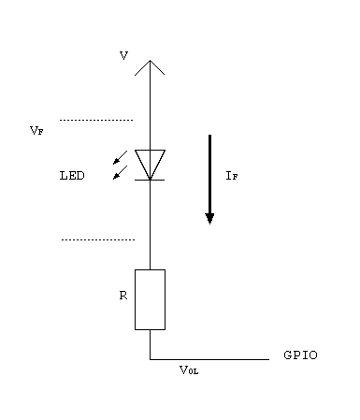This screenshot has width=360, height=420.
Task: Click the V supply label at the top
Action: [x=123, y=56]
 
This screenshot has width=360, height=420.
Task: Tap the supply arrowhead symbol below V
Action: [x=150, y=66]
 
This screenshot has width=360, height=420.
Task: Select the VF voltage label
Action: [x=36, y=132]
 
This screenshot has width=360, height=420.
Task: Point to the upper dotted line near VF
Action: [x=96, y=120]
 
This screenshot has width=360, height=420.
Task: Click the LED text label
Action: [x=71, y=175]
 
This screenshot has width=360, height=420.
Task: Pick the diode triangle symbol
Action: [x=150, y=162]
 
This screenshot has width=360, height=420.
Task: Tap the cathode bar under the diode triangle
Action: [x=150, y=178]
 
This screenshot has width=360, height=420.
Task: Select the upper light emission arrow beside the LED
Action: [x=119, y=156]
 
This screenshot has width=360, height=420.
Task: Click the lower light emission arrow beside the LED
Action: [x=119, y=173]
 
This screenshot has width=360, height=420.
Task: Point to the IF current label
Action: [x=232, y=175]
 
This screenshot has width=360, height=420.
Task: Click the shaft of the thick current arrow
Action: [x=209, y=173]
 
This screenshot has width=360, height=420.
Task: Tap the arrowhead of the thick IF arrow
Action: [x=209, y=218]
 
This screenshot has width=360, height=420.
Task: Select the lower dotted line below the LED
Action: [x=97, y=239]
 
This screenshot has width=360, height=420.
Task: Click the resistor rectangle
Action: [x=150, y=299]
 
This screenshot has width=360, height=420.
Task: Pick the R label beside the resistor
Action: [x=122, y=295]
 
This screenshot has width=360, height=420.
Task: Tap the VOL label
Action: [x=189, y=370]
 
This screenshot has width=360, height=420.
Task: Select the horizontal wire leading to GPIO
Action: [x=210, y=358]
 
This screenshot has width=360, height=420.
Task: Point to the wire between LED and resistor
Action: [x=150, y=224]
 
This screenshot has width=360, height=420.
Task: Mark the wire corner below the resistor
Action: [x=150, y=358]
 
